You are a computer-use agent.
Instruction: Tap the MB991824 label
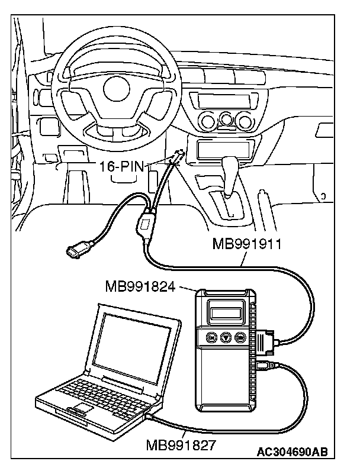142,287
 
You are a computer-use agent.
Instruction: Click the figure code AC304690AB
292,453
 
